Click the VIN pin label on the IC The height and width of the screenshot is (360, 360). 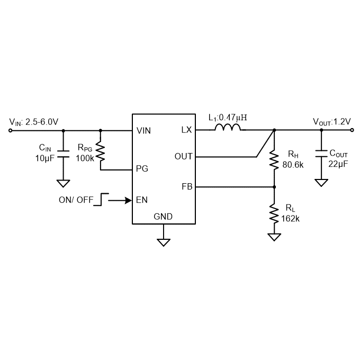coord(143,131)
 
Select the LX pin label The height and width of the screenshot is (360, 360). coord(186,130)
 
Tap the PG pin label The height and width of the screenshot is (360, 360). coord(142,169)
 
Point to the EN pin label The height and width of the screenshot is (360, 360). coord(142,200)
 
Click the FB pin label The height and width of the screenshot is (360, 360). coord(187,187)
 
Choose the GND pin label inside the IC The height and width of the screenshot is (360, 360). coord(163,217)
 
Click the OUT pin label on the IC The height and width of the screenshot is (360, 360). coord(184,156)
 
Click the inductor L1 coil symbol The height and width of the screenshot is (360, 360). coord(228,127)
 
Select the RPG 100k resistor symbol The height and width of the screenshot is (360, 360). coord(101,151)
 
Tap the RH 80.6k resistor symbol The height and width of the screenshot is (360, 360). coord(274,159)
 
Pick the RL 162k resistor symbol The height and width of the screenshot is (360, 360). coord(274,213)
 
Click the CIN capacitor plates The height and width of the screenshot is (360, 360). coord(63,154)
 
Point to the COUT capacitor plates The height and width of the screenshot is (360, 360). coord(321,154)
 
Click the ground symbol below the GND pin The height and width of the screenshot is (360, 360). coord(164,242)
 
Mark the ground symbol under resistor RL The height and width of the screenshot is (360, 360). coord(274,237)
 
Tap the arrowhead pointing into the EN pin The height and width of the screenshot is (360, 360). coord(128,201)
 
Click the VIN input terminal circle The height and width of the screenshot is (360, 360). coord(11,131)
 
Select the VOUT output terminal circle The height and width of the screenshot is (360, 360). coord(352,130)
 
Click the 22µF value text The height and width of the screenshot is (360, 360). coord(338,164)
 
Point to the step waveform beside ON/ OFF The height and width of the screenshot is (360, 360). coord(101,200)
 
